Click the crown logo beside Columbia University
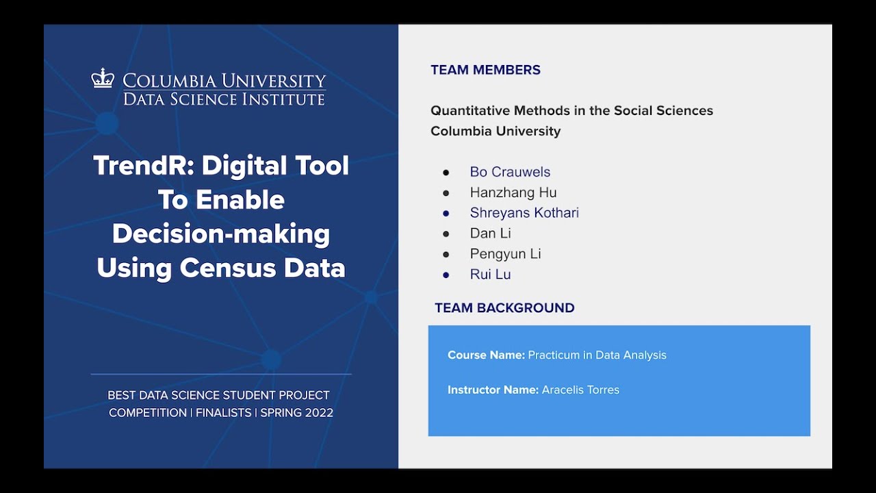point(103,78)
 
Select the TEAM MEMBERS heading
point(485,70)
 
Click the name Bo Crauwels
point(510,172)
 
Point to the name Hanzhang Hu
point(513,192)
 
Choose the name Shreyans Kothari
point(524,213)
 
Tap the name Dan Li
point(490,233)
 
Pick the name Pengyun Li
point(505,254)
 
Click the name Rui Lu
point(490,275)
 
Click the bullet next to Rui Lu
point(446,275)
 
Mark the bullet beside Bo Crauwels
point(446,172)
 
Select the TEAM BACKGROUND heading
point(504,308)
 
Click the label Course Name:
point(486,355)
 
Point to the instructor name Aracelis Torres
point(580,390)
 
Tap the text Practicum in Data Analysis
point(597,355)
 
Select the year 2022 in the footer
point(319,413)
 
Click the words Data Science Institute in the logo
point(224,99)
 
